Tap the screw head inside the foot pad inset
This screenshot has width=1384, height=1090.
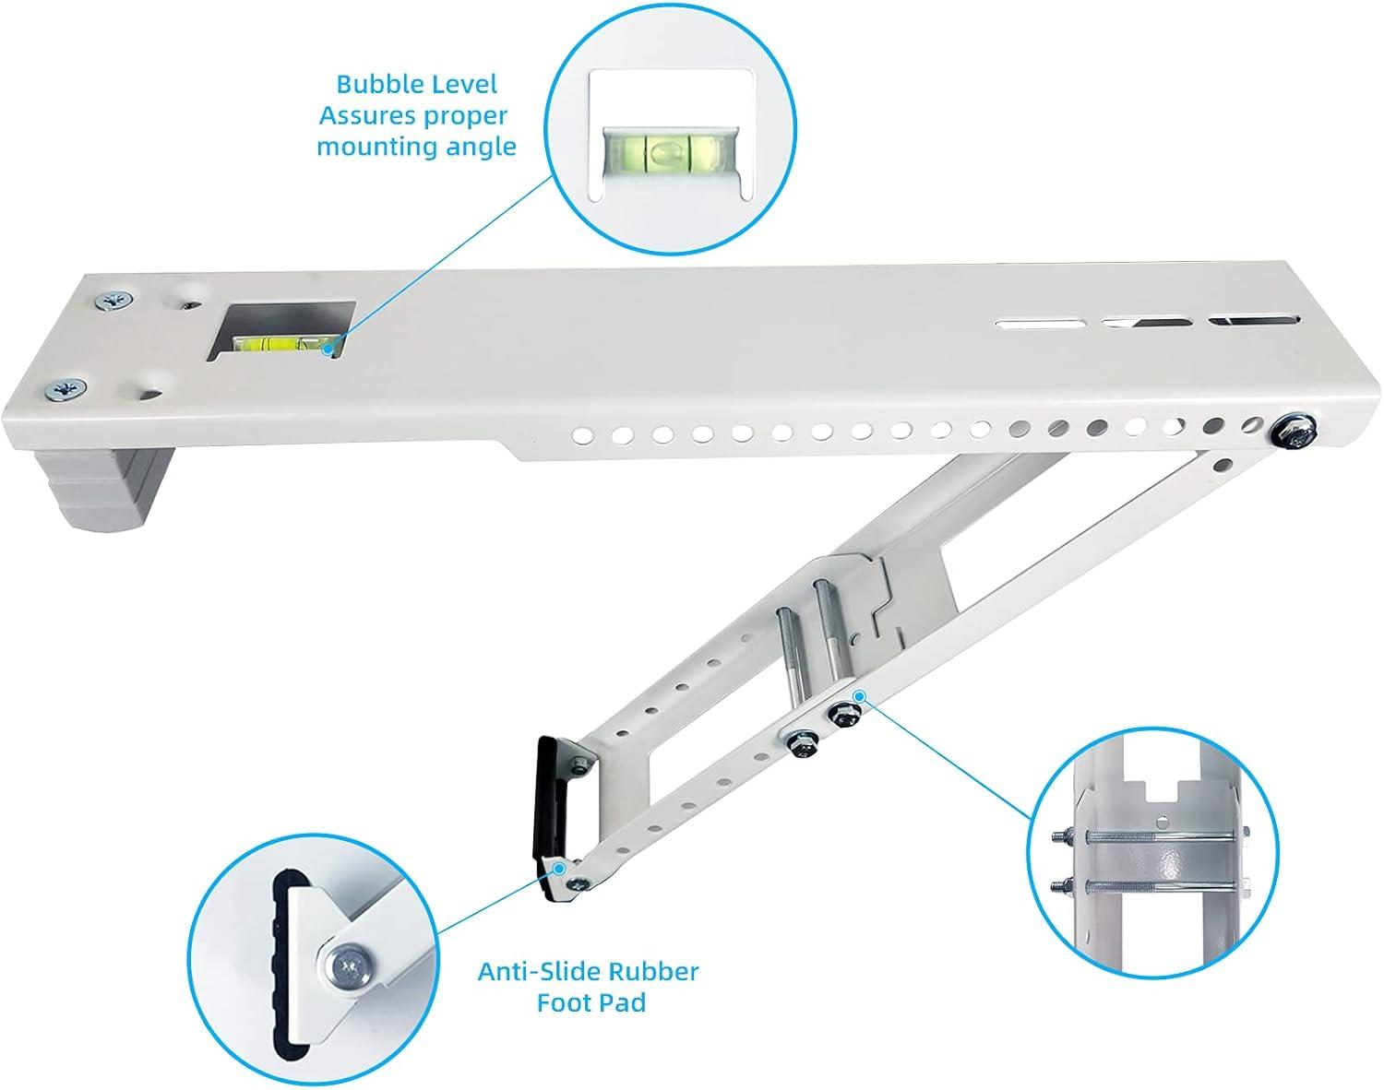(348, 967)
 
